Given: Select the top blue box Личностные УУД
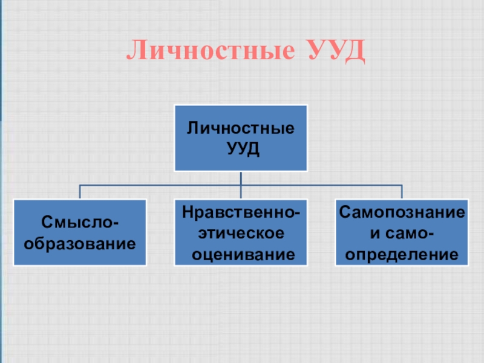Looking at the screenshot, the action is [241, 138].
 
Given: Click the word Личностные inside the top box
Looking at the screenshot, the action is [241, 128].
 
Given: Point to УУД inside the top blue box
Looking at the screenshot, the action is [241, 148].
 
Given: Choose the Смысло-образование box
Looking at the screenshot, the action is [80, 233].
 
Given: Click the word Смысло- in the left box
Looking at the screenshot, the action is [80, 223].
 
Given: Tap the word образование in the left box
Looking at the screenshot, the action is [80, 244].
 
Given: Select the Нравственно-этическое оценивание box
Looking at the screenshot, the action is [241, 233].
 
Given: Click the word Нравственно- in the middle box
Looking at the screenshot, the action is [241, 212].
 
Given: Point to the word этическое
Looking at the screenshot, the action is [241, 233].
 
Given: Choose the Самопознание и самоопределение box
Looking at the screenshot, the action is [402, 233].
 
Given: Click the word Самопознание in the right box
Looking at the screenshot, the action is [402, 212].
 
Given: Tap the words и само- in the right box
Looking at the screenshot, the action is [402, 233].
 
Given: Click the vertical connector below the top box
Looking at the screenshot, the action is [241, 178].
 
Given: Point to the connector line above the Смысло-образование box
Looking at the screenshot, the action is [80, 192].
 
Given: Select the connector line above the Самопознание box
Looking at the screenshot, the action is [402, 192].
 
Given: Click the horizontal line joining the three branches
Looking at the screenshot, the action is [160, 185].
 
